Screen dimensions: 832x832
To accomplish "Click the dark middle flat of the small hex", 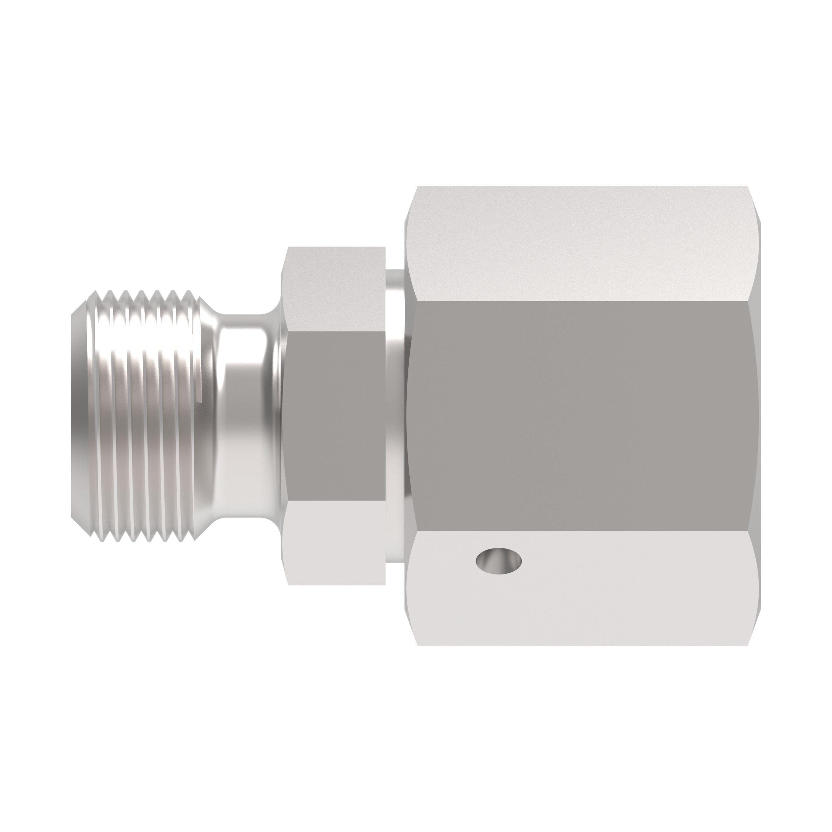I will [334, 416].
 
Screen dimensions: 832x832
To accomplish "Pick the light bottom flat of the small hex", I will [334, 542].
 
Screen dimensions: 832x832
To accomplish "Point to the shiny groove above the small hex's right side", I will [394, 284].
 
